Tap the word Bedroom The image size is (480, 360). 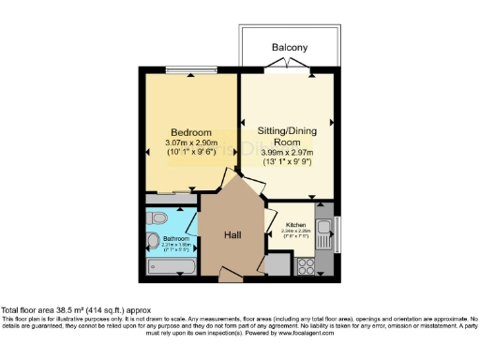coord(190,131)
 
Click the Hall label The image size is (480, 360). coord(233,237)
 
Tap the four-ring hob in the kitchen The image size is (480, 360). coord(306,265)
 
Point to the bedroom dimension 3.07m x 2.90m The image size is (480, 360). coord(190,142)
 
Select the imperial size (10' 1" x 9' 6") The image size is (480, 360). coord(190,152)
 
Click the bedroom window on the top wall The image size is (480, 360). coord(185,69)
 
